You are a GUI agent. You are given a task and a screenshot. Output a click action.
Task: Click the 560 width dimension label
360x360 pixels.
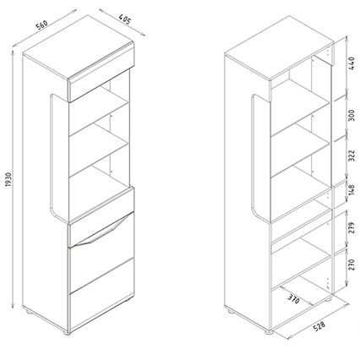pos(41,25)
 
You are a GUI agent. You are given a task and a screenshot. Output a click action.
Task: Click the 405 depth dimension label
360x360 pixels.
pos(124,19)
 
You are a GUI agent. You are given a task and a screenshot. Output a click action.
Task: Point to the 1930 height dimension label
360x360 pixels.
pos(8,179)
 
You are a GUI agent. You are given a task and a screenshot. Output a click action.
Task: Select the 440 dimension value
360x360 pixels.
pos(352,63)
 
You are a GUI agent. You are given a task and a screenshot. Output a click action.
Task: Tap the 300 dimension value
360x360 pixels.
pos(352,115)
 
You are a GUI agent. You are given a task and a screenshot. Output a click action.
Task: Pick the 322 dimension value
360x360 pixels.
pos(352,155)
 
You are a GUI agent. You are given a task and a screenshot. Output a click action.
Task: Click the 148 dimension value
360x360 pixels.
pos(352,190)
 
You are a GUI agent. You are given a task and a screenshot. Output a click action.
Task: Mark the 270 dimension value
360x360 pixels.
pos(352,265)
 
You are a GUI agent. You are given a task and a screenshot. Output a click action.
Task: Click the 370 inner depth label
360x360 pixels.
pos(293,299)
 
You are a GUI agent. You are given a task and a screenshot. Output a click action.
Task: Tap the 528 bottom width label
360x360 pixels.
pos(319,326)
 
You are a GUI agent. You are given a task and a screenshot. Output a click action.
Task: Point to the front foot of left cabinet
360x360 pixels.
pos(67,333)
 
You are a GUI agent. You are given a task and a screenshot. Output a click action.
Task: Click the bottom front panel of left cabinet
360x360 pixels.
pos(101,311)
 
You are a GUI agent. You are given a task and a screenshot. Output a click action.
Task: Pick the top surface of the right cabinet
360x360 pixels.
pos(279,47)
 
